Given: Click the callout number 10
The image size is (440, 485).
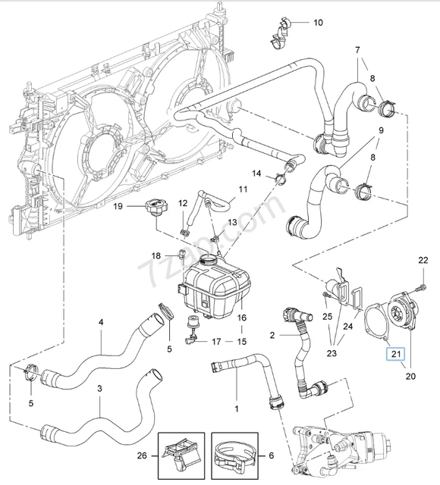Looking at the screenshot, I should tap(318, 23).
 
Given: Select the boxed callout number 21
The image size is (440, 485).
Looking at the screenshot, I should tap(394, 353).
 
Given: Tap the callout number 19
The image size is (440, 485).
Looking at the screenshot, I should tap(118, 206).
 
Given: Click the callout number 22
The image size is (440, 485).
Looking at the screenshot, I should tap(423, 261).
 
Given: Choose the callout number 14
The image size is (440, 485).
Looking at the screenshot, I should tap(258, 174).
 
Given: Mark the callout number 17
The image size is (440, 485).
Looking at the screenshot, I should tap(217, 341).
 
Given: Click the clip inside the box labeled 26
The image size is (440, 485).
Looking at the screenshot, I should tap(181, 453).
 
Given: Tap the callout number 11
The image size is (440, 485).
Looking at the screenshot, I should tap(243, 189).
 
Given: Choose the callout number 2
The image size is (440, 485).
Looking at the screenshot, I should tap(272, 334).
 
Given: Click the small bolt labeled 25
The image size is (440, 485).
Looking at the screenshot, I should tap(325, 297).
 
